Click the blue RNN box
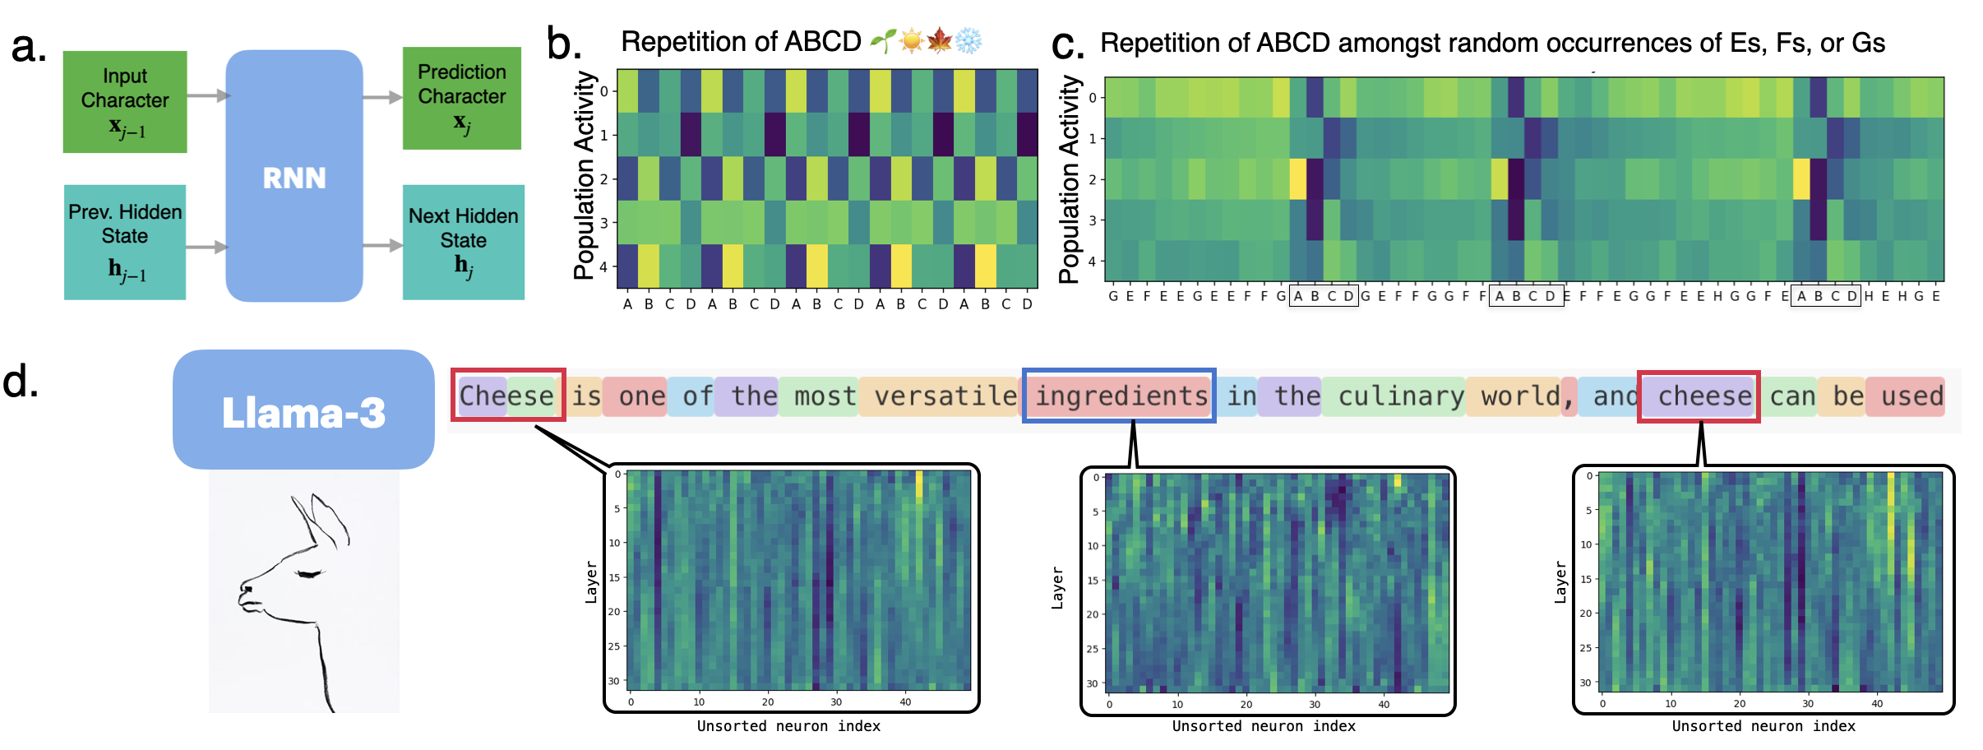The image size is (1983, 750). (x=294, y=176)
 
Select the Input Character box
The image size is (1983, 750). (x=125, y=102)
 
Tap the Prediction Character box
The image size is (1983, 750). (x=461, y=98)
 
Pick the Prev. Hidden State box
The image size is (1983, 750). (x=125, y=242)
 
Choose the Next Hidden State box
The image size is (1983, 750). (x=463, y=242)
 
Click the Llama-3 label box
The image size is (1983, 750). (x=303, y=410)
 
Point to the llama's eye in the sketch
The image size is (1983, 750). (x=308, y=574)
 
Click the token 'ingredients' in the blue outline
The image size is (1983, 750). (x=1120, y=396)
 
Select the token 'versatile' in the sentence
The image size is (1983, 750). (x=945, y=396)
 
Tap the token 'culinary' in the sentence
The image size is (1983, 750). (x=1400, y=396)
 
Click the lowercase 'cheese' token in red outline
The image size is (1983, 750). (x=1703, y=396)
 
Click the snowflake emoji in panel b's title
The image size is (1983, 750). (x=968, y=40)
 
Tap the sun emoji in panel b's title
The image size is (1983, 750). (x=911, y=40)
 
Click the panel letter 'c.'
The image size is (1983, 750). (x=1068, y=44)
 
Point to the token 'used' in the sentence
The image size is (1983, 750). (x=1911, y=396)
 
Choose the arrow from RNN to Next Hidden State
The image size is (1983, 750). (x=382, y=245)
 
